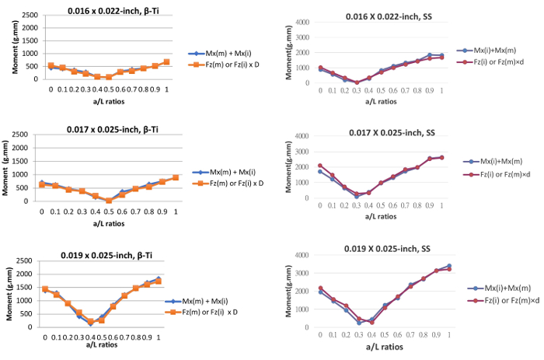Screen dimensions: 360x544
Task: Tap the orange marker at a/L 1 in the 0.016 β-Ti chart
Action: pyautogui.click(x=166, y=61)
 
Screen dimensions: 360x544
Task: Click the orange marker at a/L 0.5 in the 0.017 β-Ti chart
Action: pyautogui.click(x=109, y=200)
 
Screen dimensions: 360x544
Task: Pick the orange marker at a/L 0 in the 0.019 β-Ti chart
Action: pyautogui.click(x=44, y=289)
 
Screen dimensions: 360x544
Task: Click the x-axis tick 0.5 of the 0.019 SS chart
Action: pyautogui.click(x=385, y=335)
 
